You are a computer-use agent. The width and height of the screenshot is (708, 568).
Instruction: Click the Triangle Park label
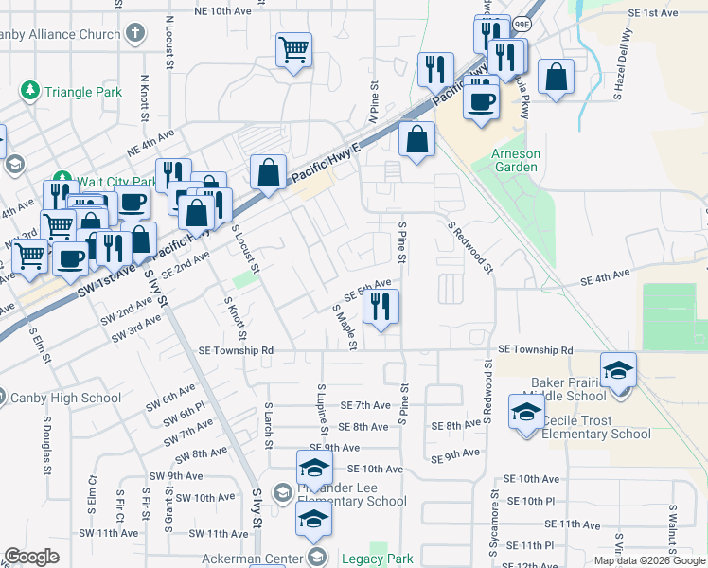pos(83,93)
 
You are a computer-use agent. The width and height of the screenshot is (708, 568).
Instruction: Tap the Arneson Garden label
pos(514,160)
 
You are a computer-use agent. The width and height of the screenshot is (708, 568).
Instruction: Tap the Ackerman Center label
pos(257,559)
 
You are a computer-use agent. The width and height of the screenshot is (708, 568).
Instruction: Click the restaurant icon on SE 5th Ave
pos(381,307)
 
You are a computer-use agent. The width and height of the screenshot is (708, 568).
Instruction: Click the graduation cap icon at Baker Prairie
pos(618,370)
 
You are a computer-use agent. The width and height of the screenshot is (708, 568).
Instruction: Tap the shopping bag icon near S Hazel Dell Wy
pos(557,77)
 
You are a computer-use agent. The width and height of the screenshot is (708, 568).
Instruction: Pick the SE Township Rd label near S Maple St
pos(236,350)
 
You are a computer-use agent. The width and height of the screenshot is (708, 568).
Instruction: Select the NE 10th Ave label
pos(222,11)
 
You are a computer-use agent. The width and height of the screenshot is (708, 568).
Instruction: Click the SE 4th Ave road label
pos(605,277)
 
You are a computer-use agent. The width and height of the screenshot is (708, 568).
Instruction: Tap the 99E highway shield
pos(522,24)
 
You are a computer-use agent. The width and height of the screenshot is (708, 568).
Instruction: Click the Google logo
pos(32,557)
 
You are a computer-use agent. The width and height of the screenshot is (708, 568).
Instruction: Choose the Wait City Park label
pos(104,182)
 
